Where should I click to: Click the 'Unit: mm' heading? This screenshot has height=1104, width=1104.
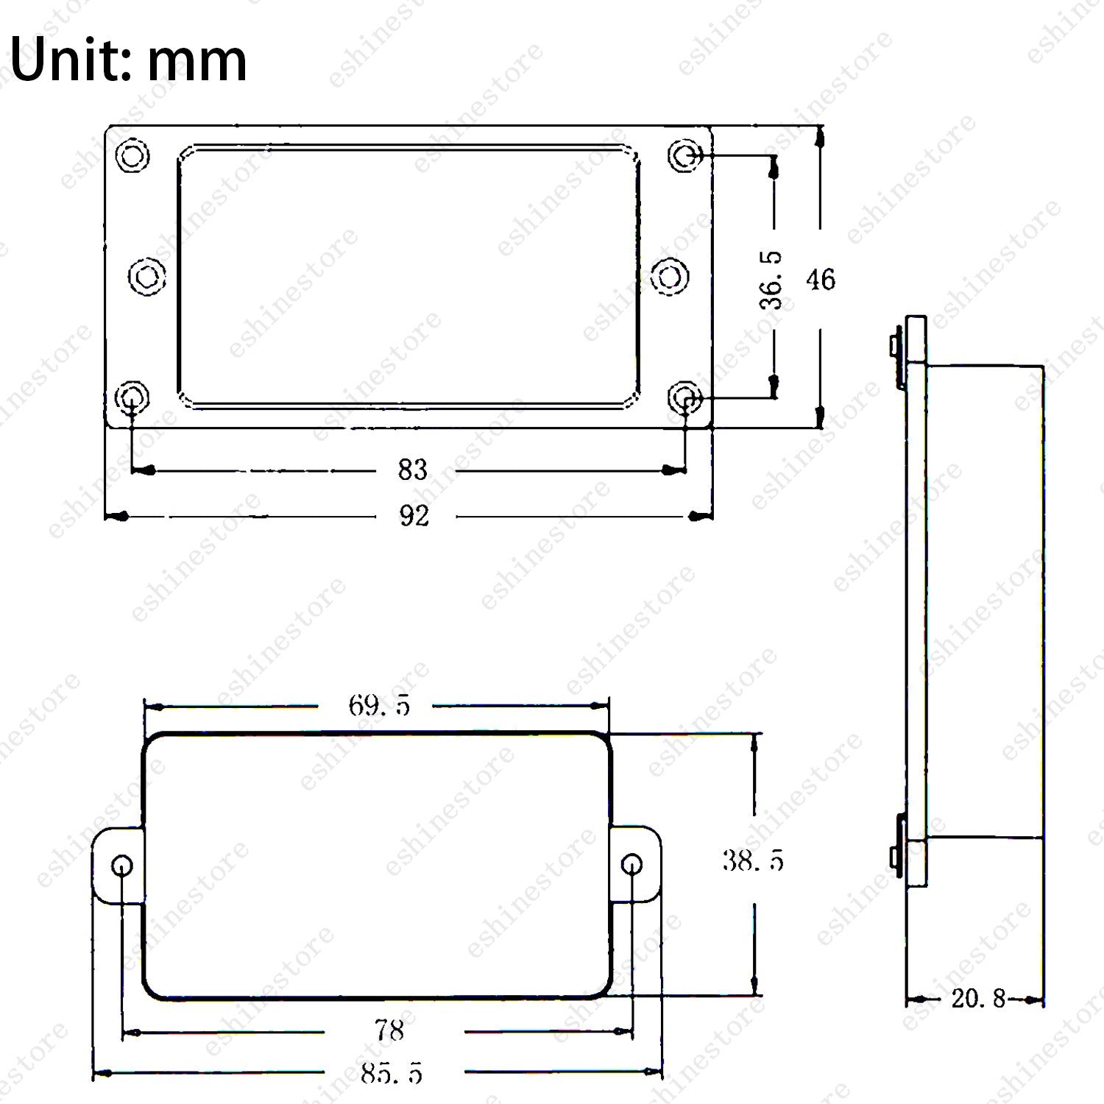[129, 60]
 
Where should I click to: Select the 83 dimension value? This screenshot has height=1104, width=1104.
[412, 470]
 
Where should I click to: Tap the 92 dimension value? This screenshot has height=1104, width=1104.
[414, 516]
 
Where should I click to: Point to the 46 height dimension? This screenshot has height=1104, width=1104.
[821, 280]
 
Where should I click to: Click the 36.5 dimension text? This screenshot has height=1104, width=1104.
[772, 280]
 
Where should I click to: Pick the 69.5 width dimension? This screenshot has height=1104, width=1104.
[379, 706]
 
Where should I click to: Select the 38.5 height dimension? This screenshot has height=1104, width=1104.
[753, 860]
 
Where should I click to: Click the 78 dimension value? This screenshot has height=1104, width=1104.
[390, 1030]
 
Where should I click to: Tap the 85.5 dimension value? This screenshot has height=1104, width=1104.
[392, 1075]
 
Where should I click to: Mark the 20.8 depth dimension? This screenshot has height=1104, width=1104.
[978, 999]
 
